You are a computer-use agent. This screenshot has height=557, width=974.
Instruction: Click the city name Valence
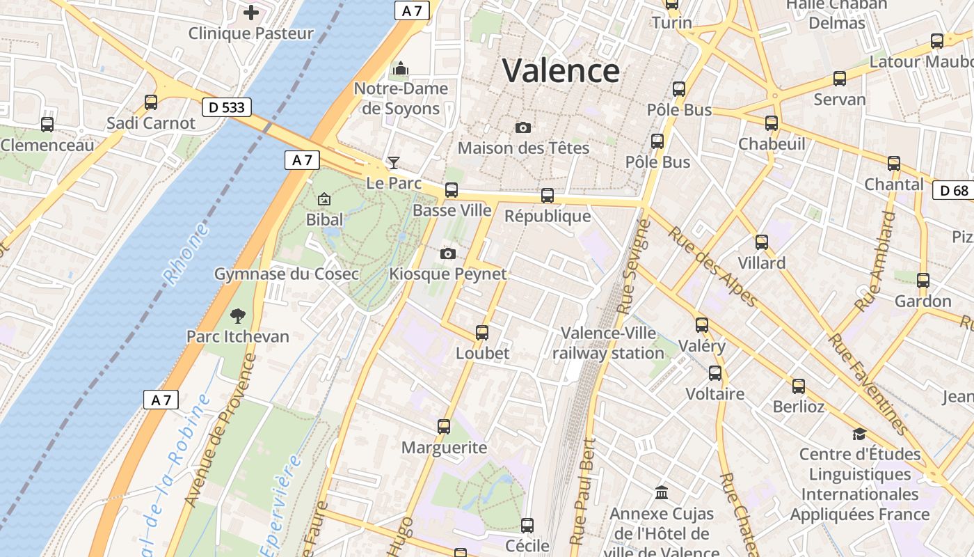(560, 71)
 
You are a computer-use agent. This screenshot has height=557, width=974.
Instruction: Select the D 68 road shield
(952, 190)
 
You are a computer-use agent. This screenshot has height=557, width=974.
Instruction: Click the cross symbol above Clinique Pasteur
(251, 12)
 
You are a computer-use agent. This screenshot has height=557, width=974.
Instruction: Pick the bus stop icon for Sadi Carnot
(151, 102)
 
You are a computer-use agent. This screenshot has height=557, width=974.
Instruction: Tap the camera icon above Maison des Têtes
(523, 127)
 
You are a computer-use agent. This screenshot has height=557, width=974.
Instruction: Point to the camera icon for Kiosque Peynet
(448, 253)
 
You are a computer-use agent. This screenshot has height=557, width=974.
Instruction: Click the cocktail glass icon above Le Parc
(394, 163)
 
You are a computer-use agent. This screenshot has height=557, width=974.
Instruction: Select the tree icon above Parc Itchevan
(238, 316)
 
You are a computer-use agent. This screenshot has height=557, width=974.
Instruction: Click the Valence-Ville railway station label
(608, 343)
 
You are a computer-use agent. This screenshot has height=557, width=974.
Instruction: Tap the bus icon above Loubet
(482, 333)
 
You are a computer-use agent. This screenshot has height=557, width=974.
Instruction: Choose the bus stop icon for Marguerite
(444, 426)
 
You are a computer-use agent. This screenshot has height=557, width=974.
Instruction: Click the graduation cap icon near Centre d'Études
(859, 434)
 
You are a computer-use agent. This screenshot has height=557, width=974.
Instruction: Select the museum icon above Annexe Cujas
(662, 493)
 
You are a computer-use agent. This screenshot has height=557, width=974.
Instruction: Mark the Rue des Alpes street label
(712, 267)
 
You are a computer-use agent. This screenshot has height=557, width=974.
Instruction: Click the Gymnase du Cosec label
(286, 274)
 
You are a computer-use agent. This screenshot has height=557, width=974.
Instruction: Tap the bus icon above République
(548, 196)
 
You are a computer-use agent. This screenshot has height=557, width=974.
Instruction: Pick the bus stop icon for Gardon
(923, 281)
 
